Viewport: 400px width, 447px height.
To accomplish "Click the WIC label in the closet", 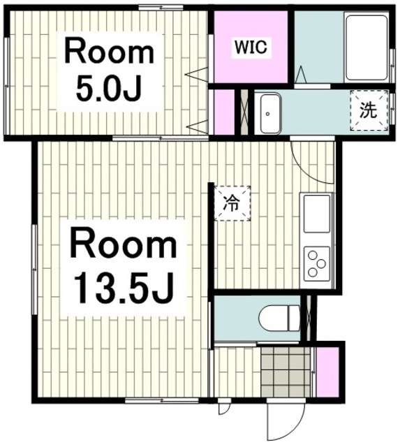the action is tap(251, 47).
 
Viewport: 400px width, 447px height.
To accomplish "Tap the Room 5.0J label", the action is tap(110, 72).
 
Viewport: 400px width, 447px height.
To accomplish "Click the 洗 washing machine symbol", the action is tap(369, 110).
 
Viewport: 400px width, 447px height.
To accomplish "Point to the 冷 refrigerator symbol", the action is tap(232, 203).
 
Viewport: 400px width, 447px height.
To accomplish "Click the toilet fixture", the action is tap(279, 318).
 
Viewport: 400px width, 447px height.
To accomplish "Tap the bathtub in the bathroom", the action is tap(366, 48).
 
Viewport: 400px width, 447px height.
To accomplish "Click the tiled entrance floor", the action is tap(286, 372).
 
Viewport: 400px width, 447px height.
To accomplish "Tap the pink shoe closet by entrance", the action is tap(327, 372).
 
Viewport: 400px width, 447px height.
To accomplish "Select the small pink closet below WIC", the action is tap(224, 112).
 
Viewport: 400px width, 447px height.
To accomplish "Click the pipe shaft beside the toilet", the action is tap(309, 318).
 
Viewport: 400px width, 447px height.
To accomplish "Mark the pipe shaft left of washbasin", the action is tap(244, 112).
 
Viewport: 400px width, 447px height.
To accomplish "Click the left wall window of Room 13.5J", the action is tap(35, 270).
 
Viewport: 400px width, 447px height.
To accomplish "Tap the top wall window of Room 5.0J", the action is tap(161, 8).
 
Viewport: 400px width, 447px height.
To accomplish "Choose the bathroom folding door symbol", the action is tap(301, 75).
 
